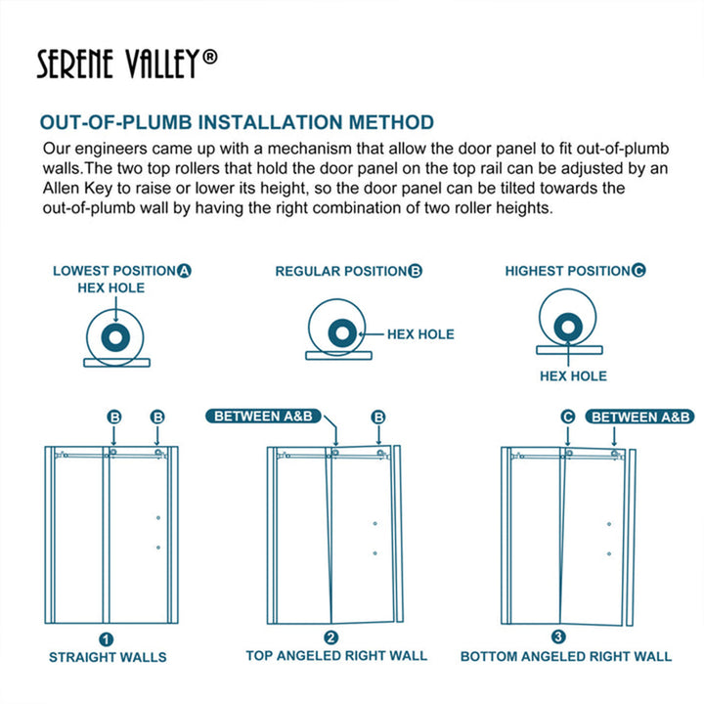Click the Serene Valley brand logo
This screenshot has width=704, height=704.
point(127,64)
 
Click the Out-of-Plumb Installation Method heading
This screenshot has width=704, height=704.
point(237,122)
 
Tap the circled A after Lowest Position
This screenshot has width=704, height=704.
point(184,271)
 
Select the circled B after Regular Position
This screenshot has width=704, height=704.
point(416,271)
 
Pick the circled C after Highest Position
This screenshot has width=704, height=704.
point(638,270)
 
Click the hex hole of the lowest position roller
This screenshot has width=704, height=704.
point(115,337)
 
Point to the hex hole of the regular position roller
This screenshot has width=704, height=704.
point(342,333)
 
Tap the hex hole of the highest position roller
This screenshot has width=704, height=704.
point(568,327)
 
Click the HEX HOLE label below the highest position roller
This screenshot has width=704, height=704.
point(573,376)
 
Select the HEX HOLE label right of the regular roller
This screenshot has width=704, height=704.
point(420,334)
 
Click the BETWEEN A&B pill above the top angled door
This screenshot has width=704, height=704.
point(263,417)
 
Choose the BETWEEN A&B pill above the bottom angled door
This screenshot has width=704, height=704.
point(640,418)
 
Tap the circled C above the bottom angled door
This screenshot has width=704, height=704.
point(568,418)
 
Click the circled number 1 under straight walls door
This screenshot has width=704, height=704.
point(106,639)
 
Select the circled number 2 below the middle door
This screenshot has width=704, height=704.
point(330,638)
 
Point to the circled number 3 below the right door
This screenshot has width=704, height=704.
point(558,637)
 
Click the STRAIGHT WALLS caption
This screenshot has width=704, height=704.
point(108,657)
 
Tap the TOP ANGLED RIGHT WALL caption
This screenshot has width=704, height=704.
point(336,656)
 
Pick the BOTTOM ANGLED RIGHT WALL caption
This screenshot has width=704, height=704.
point(566,656)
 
